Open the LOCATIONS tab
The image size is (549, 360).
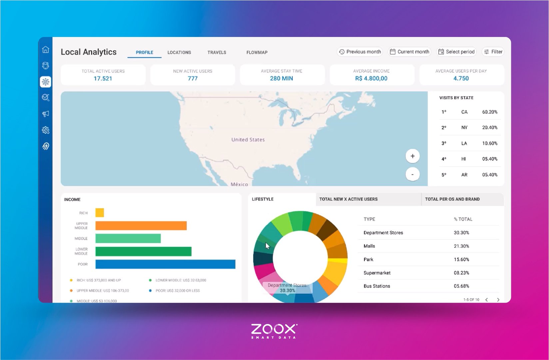point(179,52)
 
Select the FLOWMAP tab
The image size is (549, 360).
point(257,52)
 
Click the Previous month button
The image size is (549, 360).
point(360,52)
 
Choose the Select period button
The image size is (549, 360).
point(456,52)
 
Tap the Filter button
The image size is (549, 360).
point(493,52)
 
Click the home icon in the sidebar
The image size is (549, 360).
point(46,50)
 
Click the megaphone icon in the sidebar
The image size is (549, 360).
point(46,114)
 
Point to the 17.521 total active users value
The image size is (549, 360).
point(103,79)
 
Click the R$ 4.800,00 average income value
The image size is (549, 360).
point(371,79)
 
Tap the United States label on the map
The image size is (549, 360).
point(248,140)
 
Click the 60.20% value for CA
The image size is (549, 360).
point(490,112)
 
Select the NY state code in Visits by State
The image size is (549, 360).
point(464,128)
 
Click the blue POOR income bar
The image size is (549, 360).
point(165,264)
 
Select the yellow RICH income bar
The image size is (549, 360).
point(100,212)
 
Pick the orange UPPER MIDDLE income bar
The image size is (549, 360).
point(141,225)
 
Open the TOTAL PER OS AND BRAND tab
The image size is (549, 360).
point(452,199)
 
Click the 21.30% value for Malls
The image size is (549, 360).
point(461,246)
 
